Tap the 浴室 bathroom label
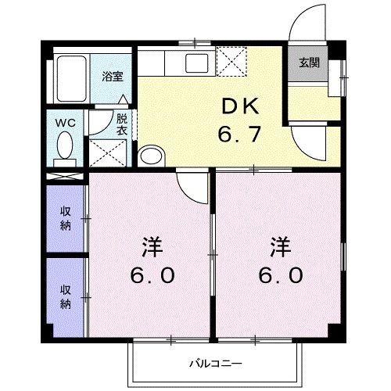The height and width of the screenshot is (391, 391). (113, 77)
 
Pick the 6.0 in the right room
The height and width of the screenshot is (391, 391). (280, 276)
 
